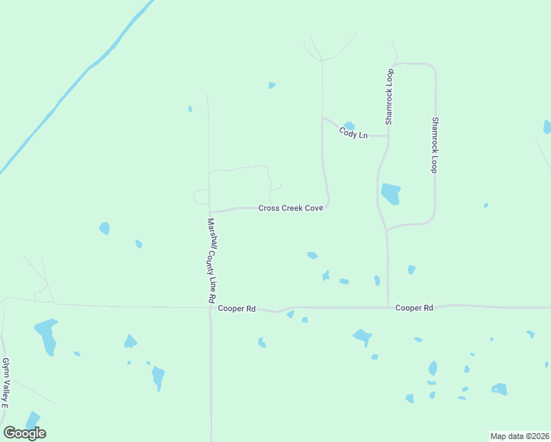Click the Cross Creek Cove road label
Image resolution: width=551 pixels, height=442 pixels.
click(x=291, y=208)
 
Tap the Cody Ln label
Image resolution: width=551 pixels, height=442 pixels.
click(x=353, y=134)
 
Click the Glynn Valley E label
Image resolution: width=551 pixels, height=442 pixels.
click(x=4, y=383)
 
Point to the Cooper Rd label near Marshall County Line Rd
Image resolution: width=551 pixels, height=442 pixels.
click(x=236, y=309)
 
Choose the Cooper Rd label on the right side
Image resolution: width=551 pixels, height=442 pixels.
click(x=413, y=307)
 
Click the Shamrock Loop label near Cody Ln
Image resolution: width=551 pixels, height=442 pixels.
click(x=390, y=96)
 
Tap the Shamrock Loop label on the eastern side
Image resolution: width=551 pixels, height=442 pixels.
click(x=435, y=144)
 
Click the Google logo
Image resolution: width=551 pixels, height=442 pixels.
click(x=24, y=433)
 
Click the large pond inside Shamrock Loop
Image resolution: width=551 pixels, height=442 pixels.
click(x=390, y=194)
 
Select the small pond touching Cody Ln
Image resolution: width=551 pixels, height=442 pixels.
click(x=349, y=126)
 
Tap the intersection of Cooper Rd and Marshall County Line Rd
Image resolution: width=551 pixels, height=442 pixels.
click(x=211, y=307)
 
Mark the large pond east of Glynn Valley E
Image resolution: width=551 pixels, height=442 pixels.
click(x=46, y=335)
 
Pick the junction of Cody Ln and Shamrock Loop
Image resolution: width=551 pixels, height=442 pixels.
click(x=387, y=136)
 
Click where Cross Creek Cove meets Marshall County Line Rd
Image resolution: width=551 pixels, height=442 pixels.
click(x=210, y=211)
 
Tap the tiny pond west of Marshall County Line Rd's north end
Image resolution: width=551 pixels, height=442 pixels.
click(x=190, y=109)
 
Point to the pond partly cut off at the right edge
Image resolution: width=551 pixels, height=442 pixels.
click(x=547, y=127)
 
